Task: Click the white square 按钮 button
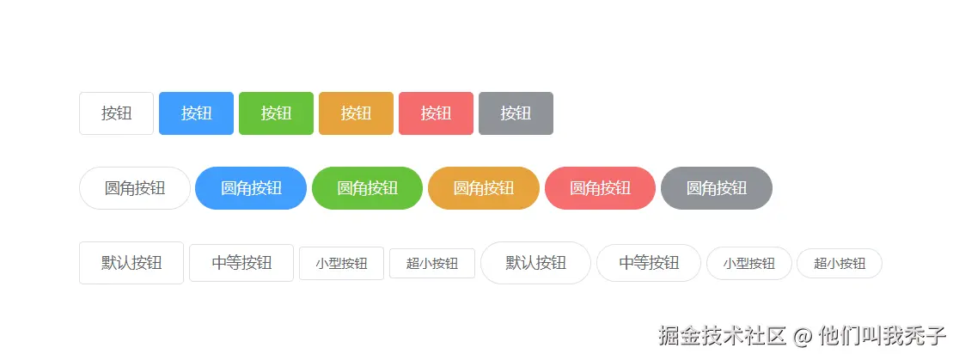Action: point(116,113)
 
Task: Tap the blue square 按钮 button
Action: point(196,113)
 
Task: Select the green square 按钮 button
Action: point(276,113)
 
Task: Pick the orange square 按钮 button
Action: point(356,113)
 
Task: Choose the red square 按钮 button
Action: point(436,113)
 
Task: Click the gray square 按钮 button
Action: point(516,113)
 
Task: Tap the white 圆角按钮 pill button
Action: point(135,188)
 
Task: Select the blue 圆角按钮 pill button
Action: point(251,188)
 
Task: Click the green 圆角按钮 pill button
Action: point(367,188)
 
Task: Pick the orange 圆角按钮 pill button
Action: point(484,188)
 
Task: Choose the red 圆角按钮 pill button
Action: point(600,188)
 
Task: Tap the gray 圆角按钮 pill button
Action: point(717,188)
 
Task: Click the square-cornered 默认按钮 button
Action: point(131,263)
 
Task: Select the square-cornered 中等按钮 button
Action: point(241,263)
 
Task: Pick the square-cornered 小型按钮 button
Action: point(341,264)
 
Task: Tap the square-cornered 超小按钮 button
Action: point(432,264)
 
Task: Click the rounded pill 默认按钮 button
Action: point(535,263)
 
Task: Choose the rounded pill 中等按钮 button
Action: point(649,263)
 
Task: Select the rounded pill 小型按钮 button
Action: point(749,264)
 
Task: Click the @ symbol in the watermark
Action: point(802,336)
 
